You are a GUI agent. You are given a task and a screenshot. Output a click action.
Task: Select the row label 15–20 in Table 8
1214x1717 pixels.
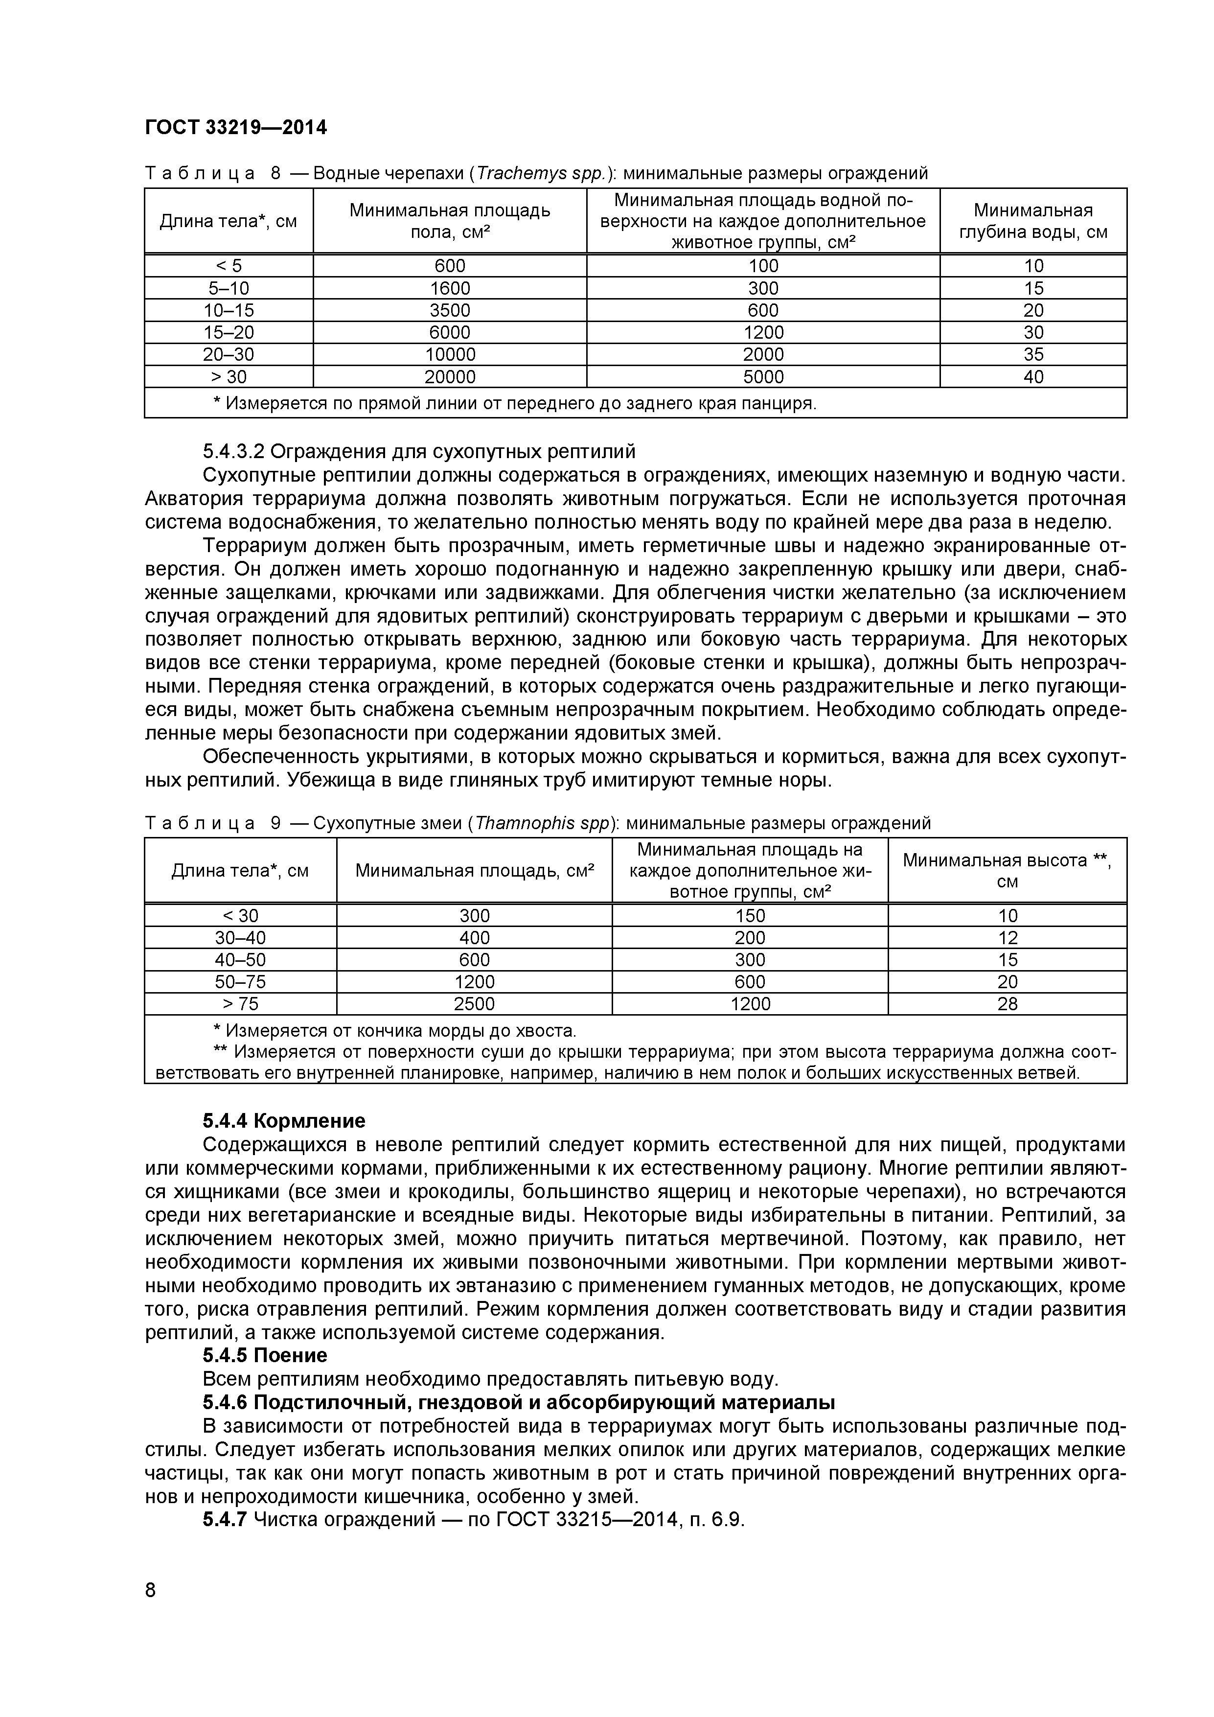tap(229, 332)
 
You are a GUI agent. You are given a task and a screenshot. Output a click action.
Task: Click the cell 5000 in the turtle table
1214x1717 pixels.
tap(763, 377)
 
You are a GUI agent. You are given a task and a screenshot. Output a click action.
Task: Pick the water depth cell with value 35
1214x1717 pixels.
tap(1033, 354)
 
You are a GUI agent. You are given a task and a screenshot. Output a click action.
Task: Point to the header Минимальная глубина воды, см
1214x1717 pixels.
tap(1033, 221)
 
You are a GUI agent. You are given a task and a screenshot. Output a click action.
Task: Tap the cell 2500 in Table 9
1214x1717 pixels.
tap(474, 1003)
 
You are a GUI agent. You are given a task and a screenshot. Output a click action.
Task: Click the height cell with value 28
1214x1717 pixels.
tap(1007, 1003)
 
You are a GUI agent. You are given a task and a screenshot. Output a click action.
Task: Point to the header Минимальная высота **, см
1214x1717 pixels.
tap(1007, 870)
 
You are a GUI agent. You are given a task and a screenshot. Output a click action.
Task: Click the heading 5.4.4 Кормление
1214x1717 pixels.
tap(284, 1121)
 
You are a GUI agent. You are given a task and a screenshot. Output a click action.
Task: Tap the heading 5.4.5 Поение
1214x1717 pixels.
tap(265, 1355)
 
